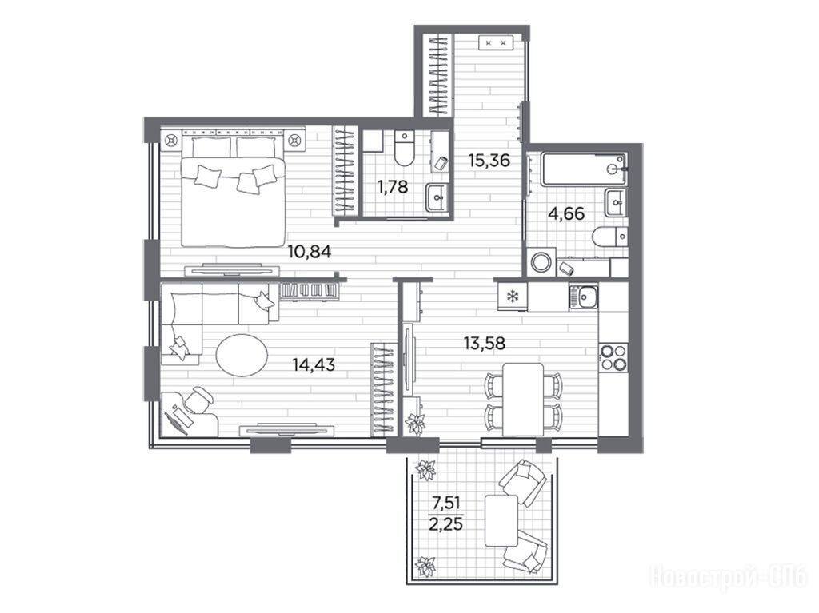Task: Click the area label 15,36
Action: tap(489, 160)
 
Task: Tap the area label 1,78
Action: tap(392, 186)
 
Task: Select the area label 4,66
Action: tap(565, 213)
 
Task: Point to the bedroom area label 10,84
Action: tap(310, 253)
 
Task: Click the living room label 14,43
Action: tap(314, 364)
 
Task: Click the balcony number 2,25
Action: tap(445, 523)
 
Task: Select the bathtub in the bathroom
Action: tap(584, 168)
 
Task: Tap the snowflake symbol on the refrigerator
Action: tap(513, 297)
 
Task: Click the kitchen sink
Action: tap(583, 297)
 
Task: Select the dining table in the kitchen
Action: tap(523, 400)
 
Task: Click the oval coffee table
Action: tap(242, 355)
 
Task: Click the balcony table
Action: tap(501, 520)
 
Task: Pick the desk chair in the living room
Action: tap(197, 400)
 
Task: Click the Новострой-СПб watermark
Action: tap(728, 578)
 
